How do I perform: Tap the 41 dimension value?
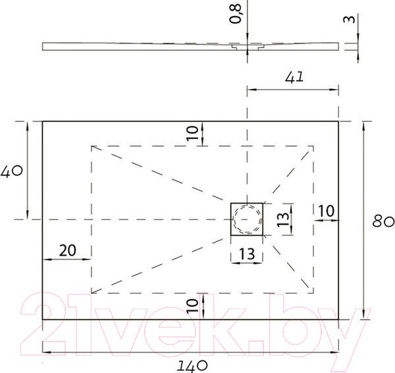(x=294, y=78)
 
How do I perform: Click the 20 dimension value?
(x=66, y=250)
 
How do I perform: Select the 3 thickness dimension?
(x=354, y=18)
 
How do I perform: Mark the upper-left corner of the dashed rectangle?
(x=91, y=145)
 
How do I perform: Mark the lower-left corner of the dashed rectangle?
(x=91, y=292)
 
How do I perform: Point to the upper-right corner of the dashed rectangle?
(x=313, y=145)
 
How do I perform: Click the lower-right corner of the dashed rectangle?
(x=313, y=292)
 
